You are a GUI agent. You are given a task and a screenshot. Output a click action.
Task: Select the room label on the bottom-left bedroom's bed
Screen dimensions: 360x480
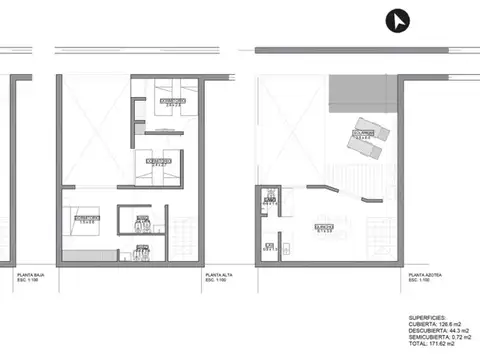84,218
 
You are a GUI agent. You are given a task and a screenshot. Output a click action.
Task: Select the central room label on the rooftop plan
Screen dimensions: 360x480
323,228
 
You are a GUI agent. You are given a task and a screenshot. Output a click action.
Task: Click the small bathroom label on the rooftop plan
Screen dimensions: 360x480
270,201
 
